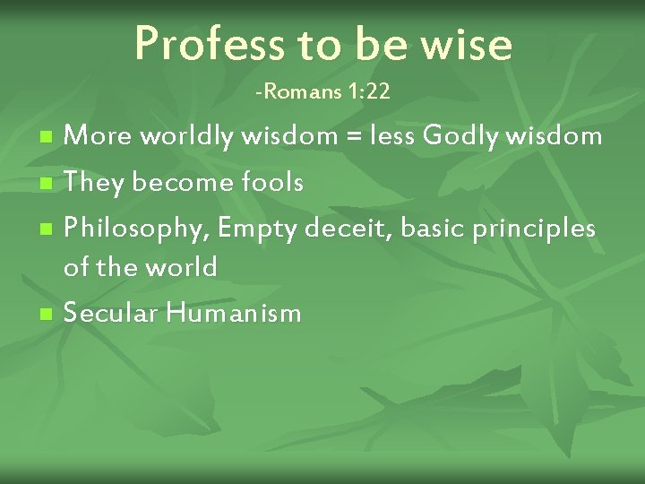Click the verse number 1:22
370,91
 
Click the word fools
272,183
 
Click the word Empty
257,229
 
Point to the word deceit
347,229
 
